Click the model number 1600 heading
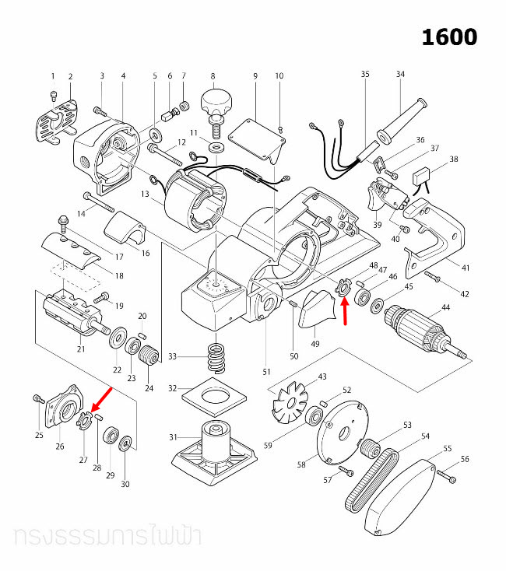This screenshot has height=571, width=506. pyautogui.click(x=449, y=37)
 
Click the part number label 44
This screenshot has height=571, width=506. pyautogui.click(x=445, y=308)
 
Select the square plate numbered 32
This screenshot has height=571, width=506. pyautogui.click(x=213, y=400)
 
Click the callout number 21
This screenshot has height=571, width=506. pyautogui.click(x=80, y=349)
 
